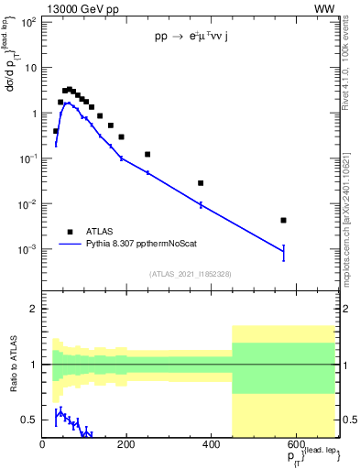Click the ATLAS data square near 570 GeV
(x=284, y=220)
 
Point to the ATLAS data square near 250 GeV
(x=147, y=154)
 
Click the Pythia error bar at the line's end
(x=284, y=252)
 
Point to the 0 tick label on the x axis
(x=42, y=446)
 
